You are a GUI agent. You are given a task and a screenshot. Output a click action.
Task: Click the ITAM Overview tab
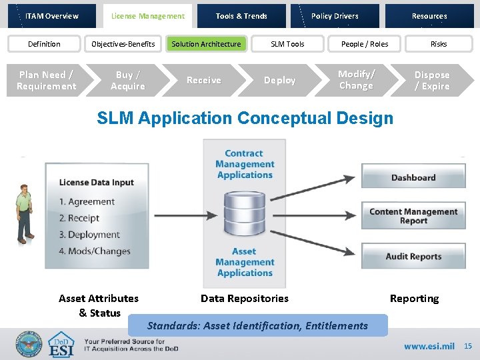(52, 16)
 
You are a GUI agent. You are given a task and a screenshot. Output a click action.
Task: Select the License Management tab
(147, 16)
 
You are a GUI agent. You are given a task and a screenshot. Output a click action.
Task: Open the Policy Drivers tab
(335, 16)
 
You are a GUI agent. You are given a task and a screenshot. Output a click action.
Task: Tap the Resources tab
(429, 16)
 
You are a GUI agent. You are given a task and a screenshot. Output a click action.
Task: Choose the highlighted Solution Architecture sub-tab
(206, 44)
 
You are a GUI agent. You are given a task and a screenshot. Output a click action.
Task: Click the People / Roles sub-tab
(364, 44)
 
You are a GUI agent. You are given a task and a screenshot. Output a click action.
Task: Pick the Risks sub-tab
(438, 44)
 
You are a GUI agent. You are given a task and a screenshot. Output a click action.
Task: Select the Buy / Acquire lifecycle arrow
(128, 80)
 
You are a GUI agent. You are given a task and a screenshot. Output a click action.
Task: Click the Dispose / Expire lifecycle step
(432, 80)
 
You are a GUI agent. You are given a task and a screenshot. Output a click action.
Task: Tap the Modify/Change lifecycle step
(356, 80)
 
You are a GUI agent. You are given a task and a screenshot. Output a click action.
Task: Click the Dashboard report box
(413, 177)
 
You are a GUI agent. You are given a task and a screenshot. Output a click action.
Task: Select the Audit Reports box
(413, 257)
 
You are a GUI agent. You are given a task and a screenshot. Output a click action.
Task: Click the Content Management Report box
(413, 216)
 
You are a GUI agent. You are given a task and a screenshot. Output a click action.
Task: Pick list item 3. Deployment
(89, 235)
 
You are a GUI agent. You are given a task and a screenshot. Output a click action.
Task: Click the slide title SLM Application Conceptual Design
(245, 119)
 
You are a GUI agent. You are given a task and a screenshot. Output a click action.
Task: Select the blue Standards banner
(257, 325)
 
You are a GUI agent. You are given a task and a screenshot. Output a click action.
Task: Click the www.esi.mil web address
(429, 347)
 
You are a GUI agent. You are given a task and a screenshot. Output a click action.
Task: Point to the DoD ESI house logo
(62, 345)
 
